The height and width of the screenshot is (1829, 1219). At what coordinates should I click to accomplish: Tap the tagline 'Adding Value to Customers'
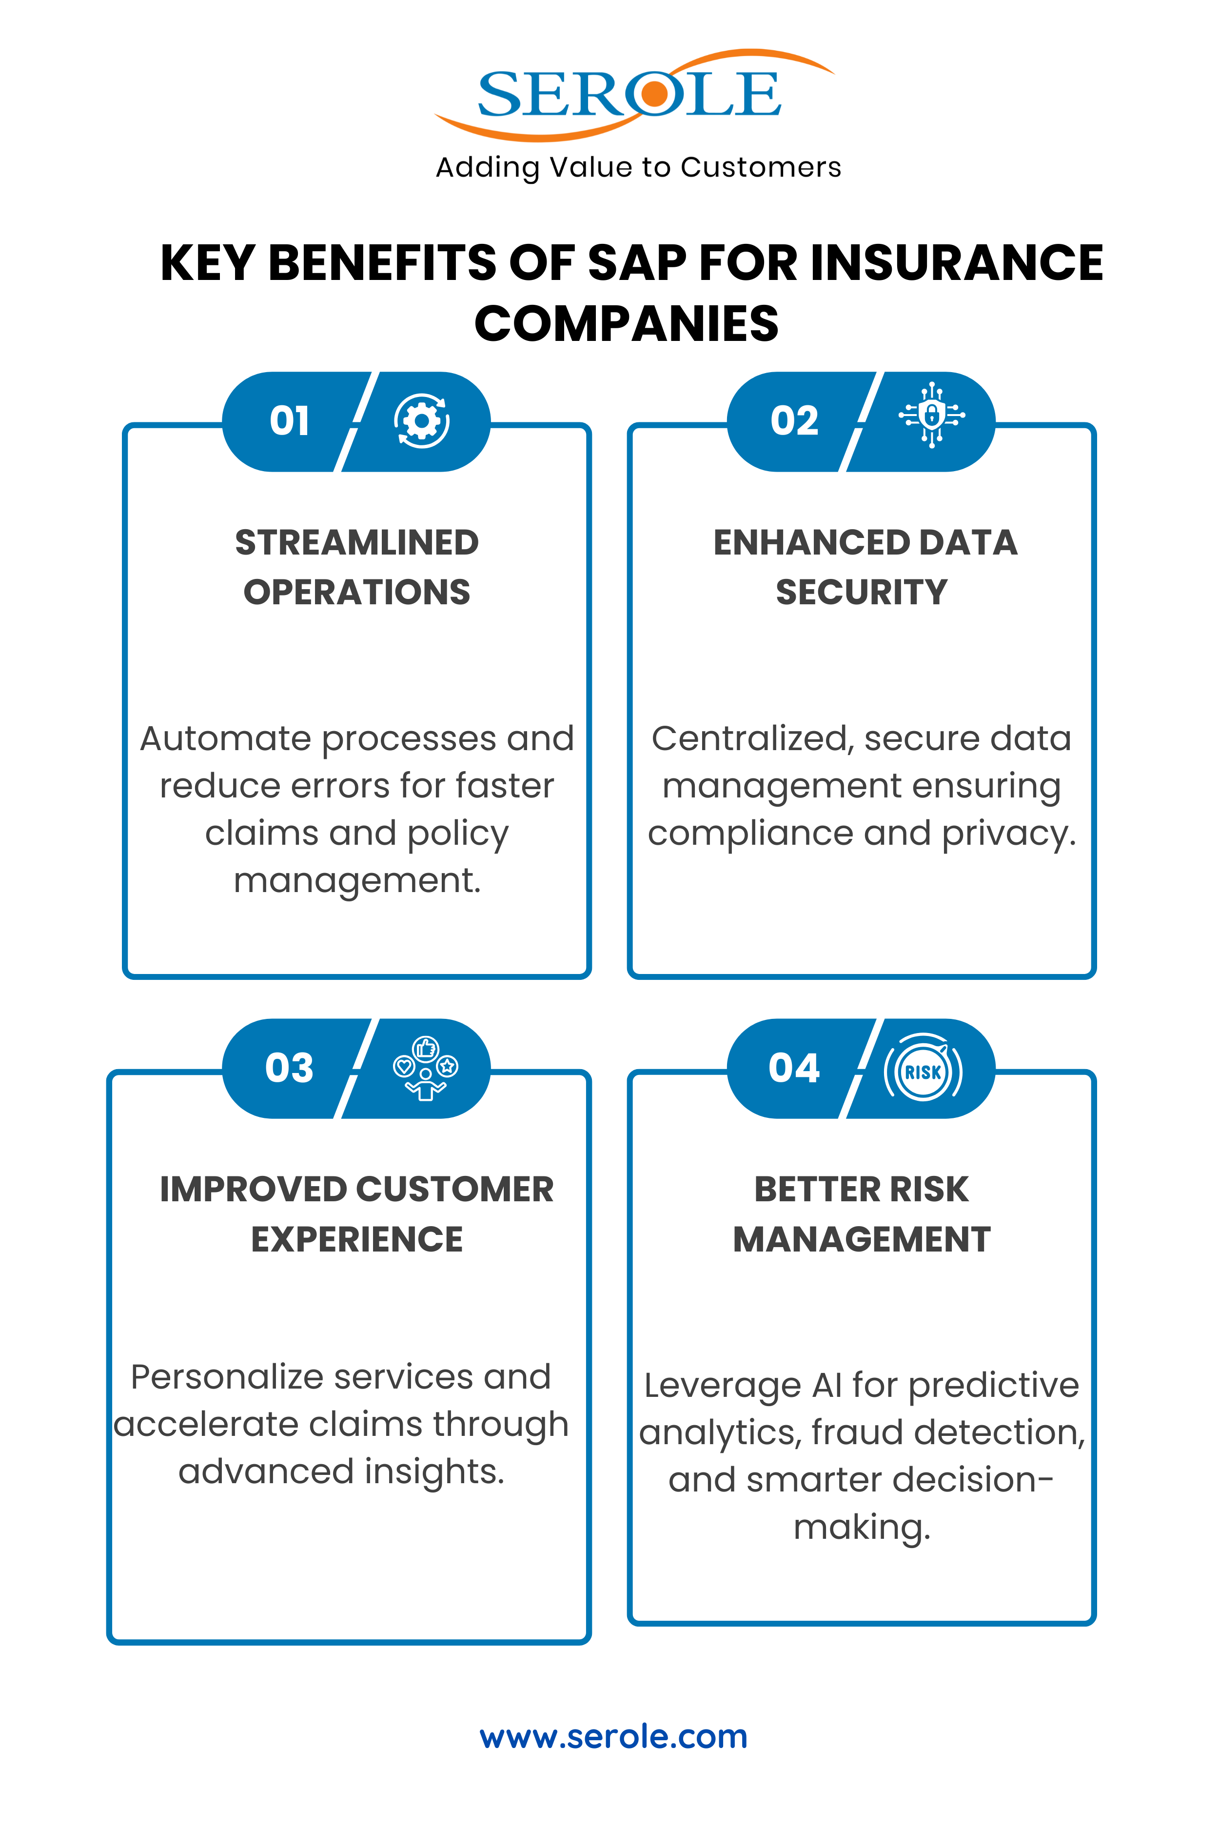[x=638, y=167]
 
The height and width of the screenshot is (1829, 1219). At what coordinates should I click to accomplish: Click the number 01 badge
[x=289, y=421]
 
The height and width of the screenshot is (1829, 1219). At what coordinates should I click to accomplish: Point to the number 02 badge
[x=794, y=421]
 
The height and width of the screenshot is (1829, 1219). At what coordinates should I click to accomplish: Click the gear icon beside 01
[x=421, y=421]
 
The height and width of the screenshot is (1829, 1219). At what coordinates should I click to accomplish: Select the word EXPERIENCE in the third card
[x=357, y=1239]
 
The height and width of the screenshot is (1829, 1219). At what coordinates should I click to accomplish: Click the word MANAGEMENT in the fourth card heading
[x=862, y=1239]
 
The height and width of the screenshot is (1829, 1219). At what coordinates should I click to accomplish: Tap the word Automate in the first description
[x=225, y=739]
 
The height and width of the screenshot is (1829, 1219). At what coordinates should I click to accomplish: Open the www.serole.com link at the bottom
[x=613, y=1736]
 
